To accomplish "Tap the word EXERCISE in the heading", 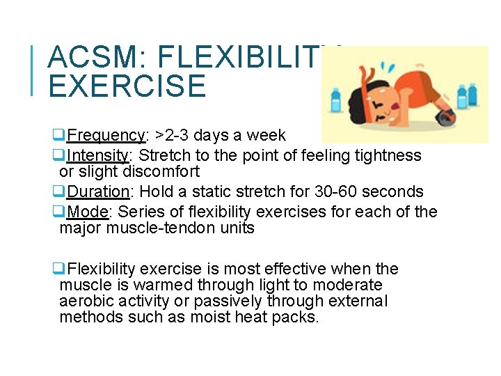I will [127, 86].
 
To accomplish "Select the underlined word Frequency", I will [106, 135].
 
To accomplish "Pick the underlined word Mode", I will [88, 212].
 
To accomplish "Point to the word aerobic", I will [86, 301].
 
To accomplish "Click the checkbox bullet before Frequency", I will [61, 135].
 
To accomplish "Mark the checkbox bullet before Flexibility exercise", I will [61, 269].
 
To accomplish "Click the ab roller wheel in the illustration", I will [443, 118].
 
